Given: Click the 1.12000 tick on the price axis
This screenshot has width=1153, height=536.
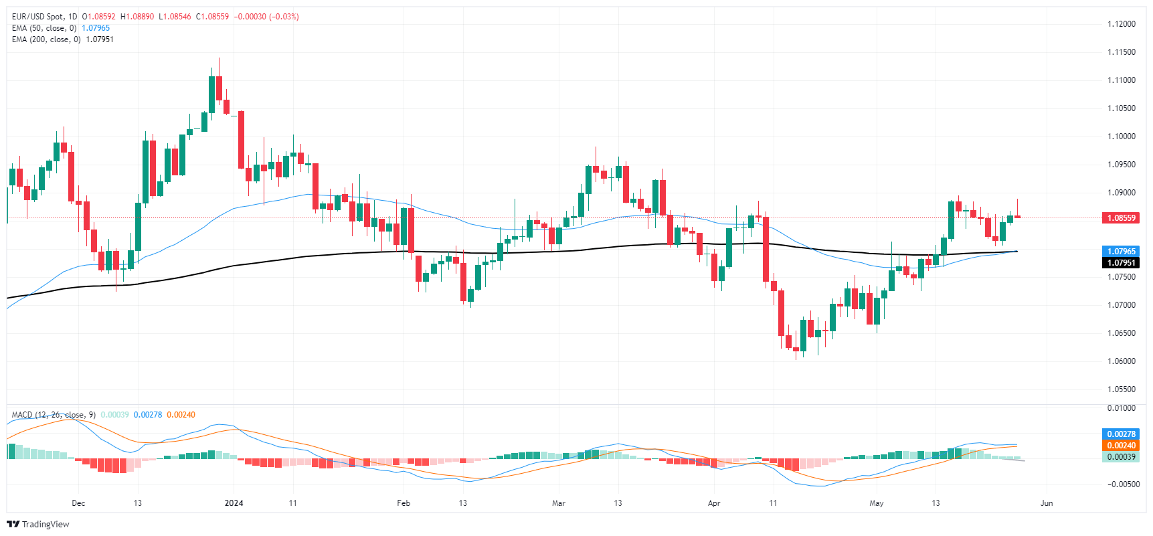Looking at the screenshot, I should coord(1121,24).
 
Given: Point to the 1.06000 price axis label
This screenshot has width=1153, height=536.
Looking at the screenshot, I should coord(1121,361).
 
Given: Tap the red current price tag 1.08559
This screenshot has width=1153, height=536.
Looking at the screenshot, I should coord(1121,218).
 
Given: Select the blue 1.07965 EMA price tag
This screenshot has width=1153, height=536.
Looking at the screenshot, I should coord(1121,252).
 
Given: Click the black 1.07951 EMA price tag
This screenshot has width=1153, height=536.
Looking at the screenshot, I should coord(1121,263).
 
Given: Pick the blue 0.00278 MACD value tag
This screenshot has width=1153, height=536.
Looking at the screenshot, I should coord(1121,434).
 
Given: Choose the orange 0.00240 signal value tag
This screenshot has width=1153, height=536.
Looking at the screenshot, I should coord(1121,446).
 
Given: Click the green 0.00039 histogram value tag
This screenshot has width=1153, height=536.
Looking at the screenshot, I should coord(1121,457).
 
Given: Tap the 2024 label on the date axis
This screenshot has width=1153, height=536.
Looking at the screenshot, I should coord(234,503).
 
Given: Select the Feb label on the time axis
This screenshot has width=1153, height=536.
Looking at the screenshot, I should coord(404,503).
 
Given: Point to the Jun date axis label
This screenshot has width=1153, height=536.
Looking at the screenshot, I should coord(1047,503).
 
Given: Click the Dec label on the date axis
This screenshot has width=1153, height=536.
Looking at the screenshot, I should coord(78,503).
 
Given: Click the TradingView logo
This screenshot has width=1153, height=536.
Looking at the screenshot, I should coord(38,524).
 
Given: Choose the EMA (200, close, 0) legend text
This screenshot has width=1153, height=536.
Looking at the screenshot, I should coord(46,39).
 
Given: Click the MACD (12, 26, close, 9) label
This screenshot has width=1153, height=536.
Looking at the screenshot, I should coord(54,415).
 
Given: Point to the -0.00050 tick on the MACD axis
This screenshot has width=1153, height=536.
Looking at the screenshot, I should coord(1121,484).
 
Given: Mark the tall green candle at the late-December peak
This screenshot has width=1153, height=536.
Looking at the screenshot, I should coord(211,94).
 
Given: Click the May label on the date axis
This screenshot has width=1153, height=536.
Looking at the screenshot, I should coord(877,503).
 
